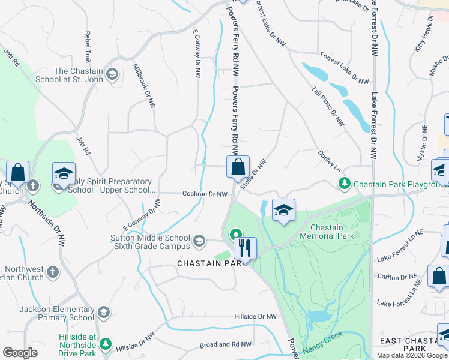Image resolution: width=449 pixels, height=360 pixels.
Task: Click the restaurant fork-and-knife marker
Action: [x=245, y=247]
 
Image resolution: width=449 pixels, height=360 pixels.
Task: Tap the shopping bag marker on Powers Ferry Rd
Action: [x=238, y=166]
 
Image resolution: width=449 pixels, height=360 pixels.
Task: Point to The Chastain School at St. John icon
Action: [x=112, y=75]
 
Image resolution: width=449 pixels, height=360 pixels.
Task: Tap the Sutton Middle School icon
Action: [x=199, y=242]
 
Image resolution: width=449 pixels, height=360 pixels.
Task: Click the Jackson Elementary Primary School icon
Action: [x=104, y=312]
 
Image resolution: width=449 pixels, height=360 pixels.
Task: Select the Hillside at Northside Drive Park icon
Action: [x=106, y=344]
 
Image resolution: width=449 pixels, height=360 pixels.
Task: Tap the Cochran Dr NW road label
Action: [x=205, y=194]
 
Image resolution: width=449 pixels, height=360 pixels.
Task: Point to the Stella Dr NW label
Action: [x=253, y=175]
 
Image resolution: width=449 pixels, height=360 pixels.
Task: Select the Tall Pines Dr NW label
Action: [x=328, y=106]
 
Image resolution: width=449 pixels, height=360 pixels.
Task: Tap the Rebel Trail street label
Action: [x=88, y=45]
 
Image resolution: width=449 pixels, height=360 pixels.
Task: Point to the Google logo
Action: [x=20, y=353]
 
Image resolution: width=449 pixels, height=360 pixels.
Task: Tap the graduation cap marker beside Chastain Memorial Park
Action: [x=283, y=210]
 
